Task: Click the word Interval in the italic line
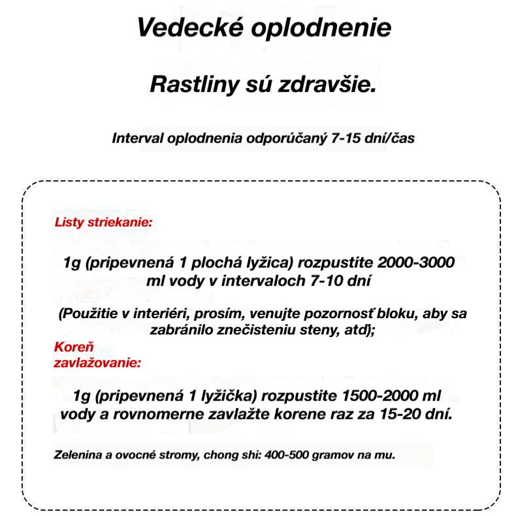[137, 139]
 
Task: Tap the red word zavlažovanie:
[97, 361]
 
